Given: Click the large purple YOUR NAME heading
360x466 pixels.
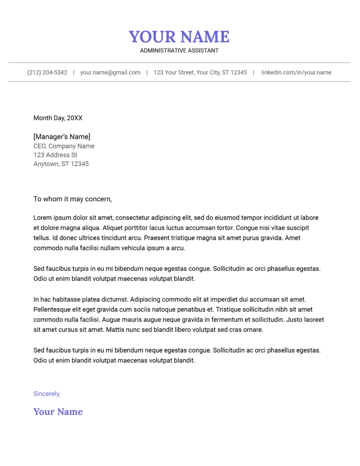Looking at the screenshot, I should [x=179, y=36].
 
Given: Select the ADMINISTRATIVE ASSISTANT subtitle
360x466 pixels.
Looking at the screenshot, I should [x=179, y=51].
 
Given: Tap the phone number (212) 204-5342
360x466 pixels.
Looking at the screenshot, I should [x=47, y=72].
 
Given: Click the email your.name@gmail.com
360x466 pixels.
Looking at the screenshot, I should [x=110, y=72].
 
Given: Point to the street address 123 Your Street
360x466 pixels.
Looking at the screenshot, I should [x=200, y=72].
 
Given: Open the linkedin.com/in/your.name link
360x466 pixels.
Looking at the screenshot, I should [x=296, y=72].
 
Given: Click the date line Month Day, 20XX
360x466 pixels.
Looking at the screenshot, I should [x=58, y=118].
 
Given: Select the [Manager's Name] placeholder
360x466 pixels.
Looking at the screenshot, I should [x=61, y=137].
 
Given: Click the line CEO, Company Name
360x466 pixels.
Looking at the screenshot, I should [x=64, y=146].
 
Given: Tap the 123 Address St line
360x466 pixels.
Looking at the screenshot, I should [x=55, y=155].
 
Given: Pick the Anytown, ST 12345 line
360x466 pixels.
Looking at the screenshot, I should [x=61, y=164].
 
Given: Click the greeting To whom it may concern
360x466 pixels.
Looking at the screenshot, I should [x=72, y=199].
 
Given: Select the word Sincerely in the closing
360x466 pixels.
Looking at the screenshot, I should [x=46, y=394].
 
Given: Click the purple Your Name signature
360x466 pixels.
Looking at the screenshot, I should [x=58, y=412].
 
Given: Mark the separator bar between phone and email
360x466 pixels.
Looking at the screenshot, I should [x=74, y=72].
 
